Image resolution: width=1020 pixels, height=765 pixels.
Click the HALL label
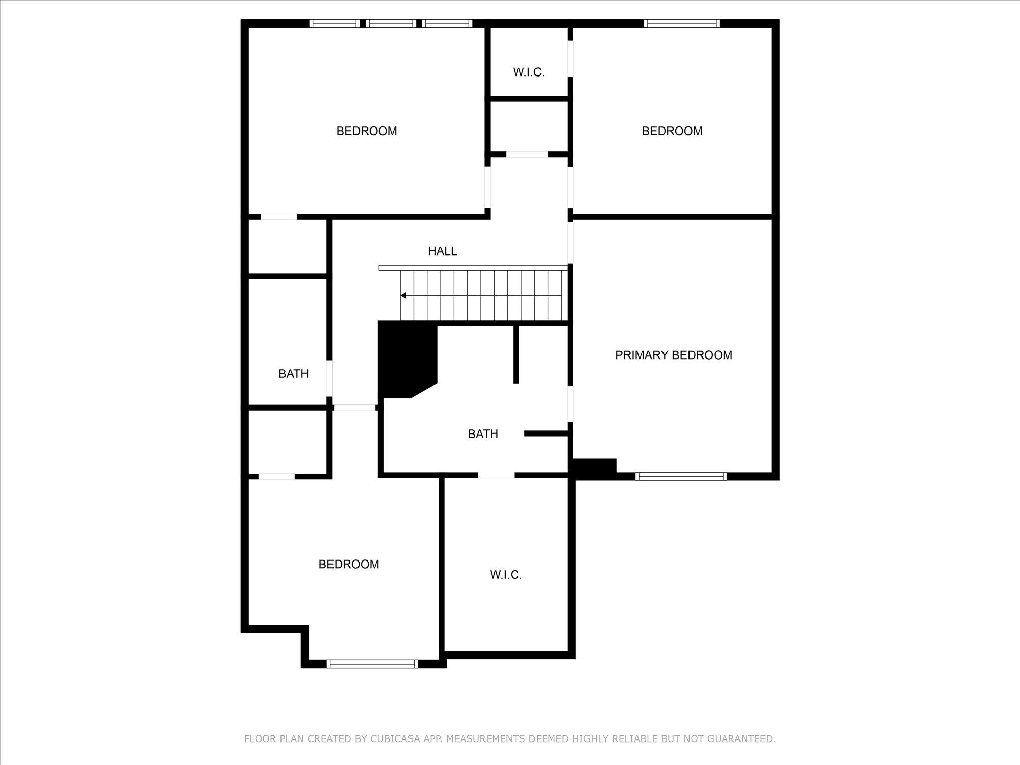(442, 251)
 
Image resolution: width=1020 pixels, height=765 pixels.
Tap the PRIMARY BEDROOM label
(673, 355)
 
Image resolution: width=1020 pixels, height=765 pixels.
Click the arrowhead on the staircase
(403, 295)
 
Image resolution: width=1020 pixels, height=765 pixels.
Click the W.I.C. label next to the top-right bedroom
(528, 72)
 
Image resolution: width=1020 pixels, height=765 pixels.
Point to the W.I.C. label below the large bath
(505, 575)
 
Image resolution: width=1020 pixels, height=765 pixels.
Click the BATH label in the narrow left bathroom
(293, 374)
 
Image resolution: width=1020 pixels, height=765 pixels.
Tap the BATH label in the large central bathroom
(482, 434)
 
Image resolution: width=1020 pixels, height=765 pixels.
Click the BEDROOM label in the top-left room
(366, 131)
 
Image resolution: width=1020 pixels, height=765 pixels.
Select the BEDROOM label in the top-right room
(672, 131)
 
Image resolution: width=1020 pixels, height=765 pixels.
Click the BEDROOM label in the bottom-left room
(348, 564)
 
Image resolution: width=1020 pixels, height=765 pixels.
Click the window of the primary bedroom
(681, 476)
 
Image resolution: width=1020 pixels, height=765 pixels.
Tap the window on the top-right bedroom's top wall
(681, 23)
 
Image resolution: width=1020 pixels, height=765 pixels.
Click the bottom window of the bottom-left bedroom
(372, 664)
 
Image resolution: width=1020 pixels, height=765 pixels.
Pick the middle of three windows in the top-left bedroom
(391, 23)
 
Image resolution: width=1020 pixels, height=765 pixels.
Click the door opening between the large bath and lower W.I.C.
(496, 475)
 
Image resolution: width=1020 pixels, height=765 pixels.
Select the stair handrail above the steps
(473, 267)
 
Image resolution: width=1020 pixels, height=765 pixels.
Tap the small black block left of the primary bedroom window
(595, 468)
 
